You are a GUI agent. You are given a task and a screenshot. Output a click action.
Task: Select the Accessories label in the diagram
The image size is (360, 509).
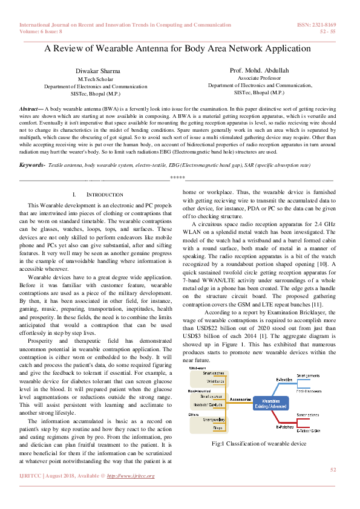224,399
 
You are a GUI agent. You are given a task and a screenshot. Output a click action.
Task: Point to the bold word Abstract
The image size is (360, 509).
29,106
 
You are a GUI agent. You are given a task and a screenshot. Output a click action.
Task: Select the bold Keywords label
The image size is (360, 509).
31,164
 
